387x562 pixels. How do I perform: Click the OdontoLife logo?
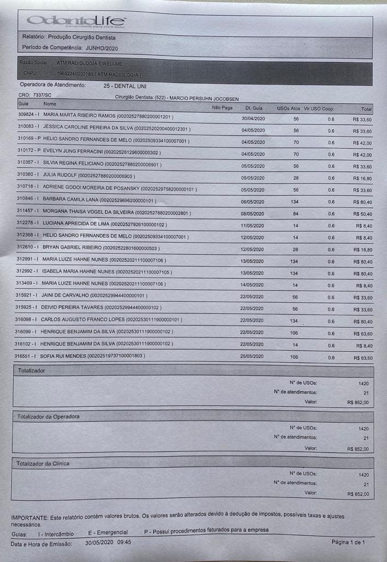(x=76, y=22)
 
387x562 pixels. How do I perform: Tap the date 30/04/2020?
(x=253, y=119)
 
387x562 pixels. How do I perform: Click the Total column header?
(x=366, y=109)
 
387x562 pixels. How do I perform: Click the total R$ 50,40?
(x=363, y=214)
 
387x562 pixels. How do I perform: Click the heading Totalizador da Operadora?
(x=48, y=417)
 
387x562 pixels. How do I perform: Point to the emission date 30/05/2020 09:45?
(x=108, y=543)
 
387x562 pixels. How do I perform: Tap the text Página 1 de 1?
(x=348, y=542)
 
